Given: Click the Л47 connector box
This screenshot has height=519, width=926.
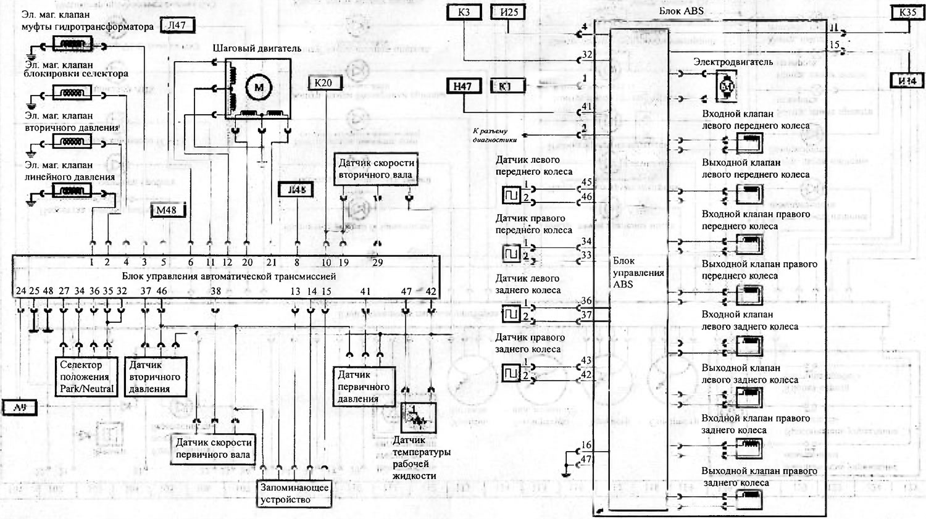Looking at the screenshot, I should tap(177, 25).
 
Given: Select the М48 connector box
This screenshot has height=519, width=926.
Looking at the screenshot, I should tap(166, 210).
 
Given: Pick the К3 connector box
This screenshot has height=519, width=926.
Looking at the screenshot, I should tap(464, 12).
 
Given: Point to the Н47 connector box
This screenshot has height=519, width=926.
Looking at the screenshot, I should tap(462, 86).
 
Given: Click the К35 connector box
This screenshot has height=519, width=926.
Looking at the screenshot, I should tap(907, 12).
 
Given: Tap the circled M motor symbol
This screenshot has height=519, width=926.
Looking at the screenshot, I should tap(258, 88).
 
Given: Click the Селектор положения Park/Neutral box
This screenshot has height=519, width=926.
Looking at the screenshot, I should tap(86, 376).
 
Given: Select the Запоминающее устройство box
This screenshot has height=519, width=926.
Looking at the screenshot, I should tap(294, 494).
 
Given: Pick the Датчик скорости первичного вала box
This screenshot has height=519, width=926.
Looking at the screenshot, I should tap(213, 449).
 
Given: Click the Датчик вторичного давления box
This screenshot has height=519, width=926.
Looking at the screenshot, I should tap(154, 376).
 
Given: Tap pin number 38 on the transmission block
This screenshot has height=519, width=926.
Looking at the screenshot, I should tap(215, 291).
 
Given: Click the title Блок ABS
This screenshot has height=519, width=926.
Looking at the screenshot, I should tap(681, 10).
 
